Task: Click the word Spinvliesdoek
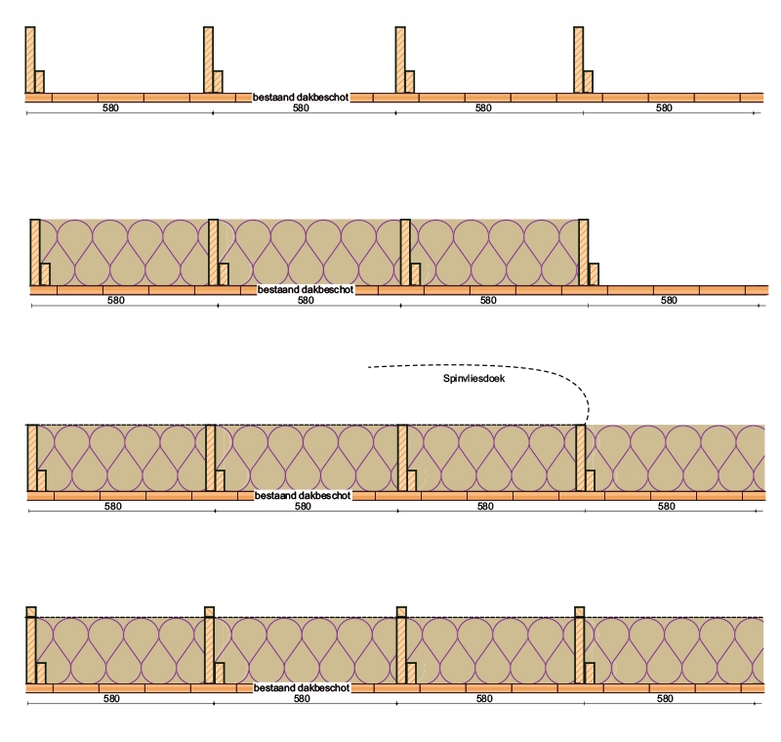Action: click(471, 381)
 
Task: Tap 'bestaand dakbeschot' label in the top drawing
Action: click(301, 97)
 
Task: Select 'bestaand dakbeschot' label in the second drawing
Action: click(306, 289)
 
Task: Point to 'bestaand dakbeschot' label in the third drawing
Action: click(303, 495)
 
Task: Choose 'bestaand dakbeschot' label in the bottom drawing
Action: click(302, 688)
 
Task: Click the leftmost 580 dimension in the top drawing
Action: click(110, 108)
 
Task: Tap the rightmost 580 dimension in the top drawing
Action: click(665, 108)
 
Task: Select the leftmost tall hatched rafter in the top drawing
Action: click(30, 60)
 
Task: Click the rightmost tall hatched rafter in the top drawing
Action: click(579, 60)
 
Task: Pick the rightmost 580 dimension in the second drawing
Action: click(669, 301)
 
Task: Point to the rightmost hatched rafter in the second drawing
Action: click(584, 252)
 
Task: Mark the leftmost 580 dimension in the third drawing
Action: click(113, 507)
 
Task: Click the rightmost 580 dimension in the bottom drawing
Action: click(666, 699)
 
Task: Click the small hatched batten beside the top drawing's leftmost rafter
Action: click(40, 82)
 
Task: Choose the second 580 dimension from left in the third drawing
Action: click(303, 507)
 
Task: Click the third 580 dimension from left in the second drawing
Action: click(487, 301)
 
